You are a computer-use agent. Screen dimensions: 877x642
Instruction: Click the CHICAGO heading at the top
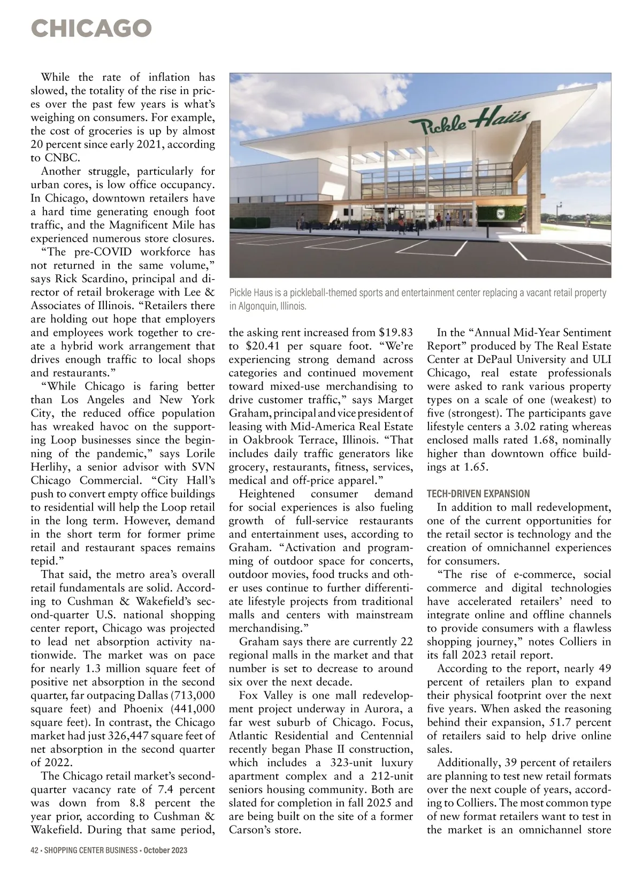pyautogui.click(x=91, y=28)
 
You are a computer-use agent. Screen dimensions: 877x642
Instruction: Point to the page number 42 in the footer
pyautogui.click(x=35, y=850)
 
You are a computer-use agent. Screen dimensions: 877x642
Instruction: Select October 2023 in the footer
pyautogui.click(x=165, y=850)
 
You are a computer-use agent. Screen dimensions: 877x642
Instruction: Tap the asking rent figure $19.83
pyautogui.click(x=395, y=332)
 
